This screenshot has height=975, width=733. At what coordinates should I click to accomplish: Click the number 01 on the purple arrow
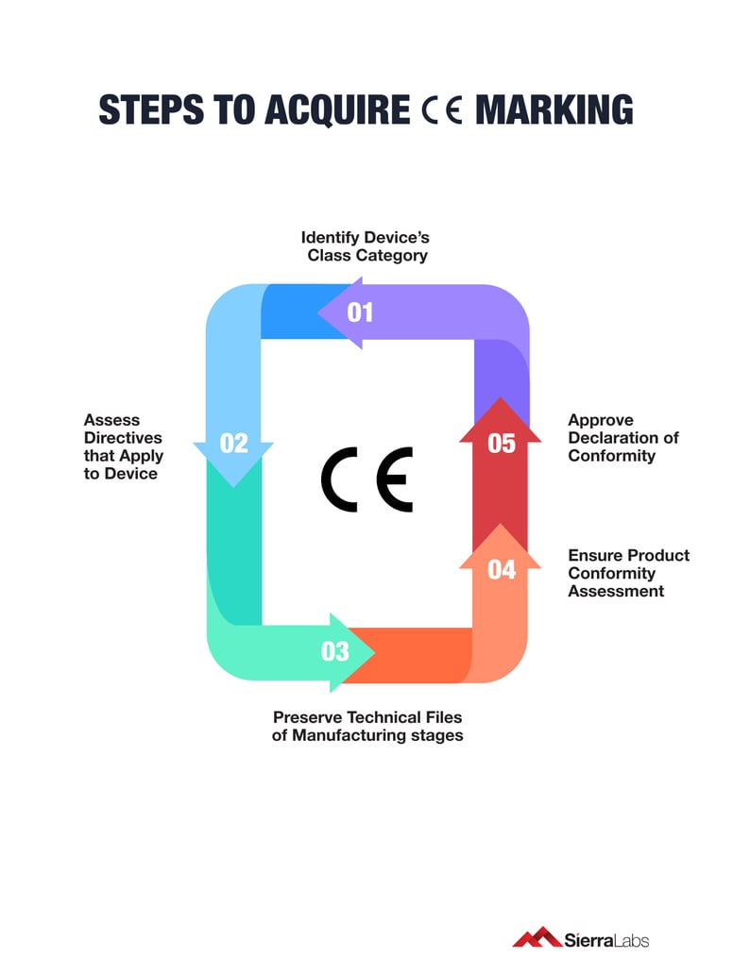click(x=360, y=311)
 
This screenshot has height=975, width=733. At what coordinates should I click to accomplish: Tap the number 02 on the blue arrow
click(x=233, y=443)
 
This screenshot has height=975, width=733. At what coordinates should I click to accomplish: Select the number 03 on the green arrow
click(x=335, y=651)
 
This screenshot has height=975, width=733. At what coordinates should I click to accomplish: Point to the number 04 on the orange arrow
click(x=502, y=570)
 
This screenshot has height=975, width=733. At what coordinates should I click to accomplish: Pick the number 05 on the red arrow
click(x=502, y=443)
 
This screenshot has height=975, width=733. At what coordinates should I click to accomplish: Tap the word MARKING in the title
click(x=554, y=110)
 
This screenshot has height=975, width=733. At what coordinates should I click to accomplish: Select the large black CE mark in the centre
click(x=367, y=479)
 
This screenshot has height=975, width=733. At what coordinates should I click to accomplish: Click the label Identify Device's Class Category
click(x=366, y=246)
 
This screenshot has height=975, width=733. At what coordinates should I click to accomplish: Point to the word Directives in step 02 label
click(x=123, y=438)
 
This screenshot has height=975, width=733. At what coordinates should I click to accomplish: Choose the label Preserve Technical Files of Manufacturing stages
click(x=367, y=726)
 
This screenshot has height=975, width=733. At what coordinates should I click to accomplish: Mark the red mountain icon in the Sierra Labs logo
click(x=537, y=937)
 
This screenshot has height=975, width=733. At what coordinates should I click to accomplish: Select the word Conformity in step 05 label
click(x=611, y=456)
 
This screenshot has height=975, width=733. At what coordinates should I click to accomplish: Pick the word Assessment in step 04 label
click(x=616, y=591)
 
